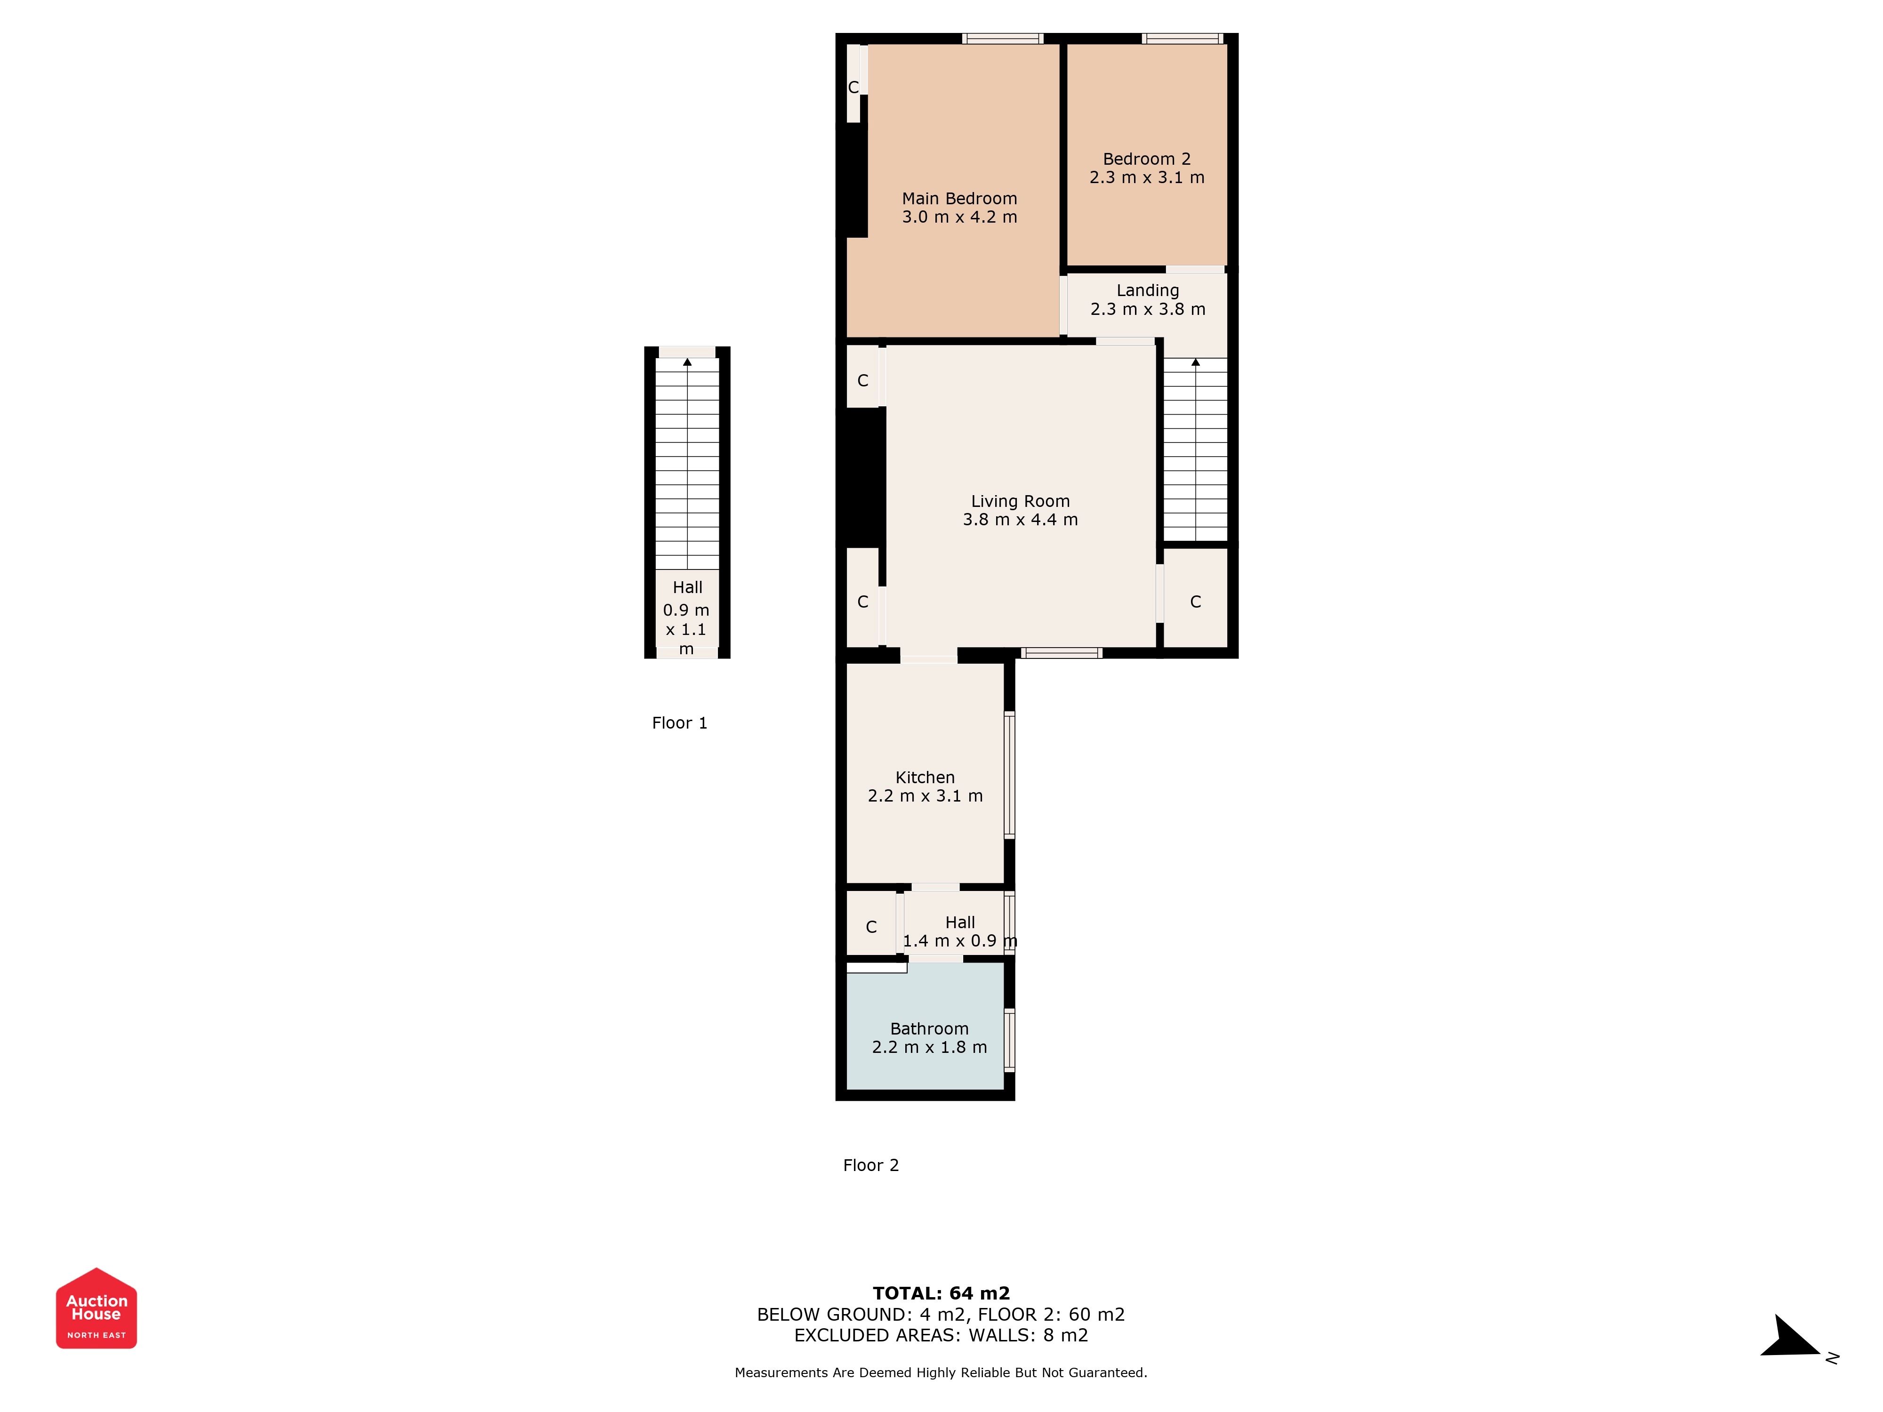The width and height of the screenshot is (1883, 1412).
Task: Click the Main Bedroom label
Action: point(959,198)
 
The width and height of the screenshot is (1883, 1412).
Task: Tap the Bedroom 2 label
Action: point(1147,159)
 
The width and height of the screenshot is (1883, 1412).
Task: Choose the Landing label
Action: point(1148,291)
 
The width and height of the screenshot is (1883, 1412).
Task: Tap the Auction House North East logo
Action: point(96,1308)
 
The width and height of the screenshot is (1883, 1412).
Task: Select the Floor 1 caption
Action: point(679,722)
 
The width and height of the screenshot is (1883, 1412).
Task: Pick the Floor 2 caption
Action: point(871,1165)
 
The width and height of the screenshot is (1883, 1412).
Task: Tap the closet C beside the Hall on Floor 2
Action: point(871,927)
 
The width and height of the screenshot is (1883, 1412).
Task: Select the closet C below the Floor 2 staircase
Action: point(1195,602)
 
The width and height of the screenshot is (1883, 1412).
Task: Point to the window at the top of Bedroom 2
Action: point(1182,38)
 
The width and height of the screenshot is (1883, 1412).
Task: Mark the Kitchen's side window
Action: point(1010,775)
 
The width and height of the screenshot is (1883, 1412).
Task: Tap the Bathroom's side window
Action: point(1010,1039)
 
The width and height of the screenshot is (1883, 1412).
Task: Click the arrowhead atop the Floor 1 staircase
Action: point(687,362)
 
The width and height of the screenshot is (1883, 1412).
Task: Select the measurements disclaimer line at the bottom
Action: point(941,1372)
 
